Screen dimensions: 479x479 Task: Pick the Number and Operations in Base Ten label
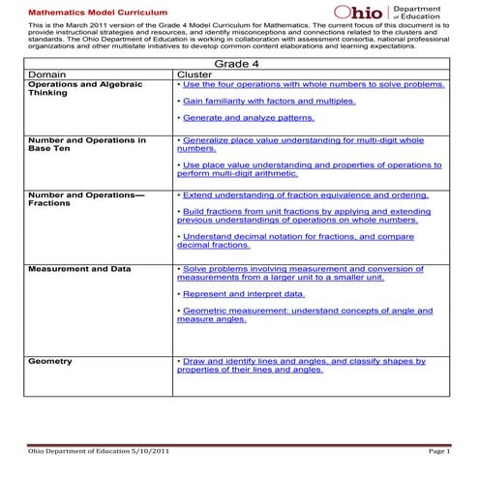[x=87, y=145]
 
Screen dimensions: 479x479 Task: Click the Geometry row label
[x=50, y=361]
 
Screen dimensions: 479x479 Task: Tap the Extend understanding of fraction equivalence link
[x=303, y=195]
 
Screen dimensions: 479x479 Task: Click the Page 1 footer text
[x=437, y=451]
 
